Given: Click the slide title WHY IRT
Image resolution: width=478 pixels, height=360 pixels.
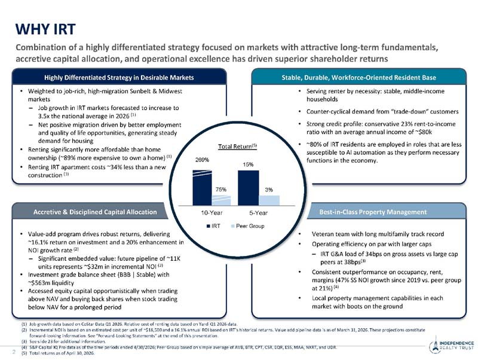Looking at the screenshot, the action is click(45, 29).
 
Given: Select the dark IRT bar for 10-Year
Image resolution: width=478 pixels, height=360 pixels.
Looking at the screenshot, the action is click(202, 188).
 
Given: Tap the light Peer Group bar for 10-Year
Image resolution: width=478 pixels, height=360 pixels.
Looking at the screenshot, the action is click(221, 200).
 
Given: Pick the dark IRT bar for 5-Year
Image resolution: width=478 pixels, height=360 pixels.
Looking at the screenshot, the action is click(249, 188).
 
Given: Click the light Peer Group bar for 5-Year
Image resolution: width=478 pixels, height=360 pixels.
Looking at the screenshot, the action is click(269, 200).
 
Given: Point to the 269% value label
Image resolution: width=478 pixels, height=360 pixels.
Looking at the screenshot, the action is click(202, 160).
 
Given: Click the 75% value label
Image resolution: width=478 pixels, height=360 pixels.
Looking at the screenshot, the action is click(221, 190).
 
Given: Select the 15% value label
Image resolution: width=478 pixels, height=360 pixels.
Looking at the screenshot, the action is click(248, 164).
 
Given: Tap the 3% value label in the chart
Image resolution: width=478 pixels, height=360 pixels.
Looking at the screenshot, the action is click(269, 190).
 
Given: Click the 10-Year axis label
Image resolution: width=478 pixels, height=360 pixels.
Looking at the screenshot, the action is click(212, 213).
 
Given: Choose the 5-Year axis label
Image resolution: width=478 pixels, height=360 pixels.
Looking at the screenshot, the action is click(259, 213).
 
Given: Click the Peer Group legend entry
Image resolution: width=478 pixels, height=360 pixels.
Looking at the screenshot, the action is click(248, 226).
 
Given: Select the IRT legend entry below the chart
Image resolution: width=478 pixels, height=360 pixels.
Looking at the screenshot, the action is click(213, 226).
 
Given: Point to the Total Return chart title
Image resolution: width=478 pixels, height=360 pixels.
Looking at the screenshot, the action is click(237, 147).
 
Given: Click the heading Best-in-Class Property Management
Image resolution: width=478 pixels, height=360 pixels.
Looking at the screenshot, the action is click(373, 212).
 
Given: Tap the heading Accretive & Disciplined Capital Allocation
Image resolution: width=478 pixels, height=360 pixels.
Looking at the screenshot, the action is click(95, 212).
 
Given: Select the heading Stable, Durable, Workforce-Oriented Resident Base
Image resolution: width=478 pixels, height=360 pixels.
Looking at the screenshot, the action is click(359, 78).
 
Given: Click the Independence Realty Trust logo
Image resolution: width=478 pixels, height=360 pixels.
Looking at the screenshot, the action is click(452, 345).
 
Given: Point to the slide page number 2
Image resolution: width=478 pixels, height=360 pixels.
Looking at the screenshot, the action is click(14, 352).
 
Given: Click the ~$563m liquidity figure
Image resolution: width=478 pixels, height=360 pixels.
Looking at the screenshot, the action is click(51, 283).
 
